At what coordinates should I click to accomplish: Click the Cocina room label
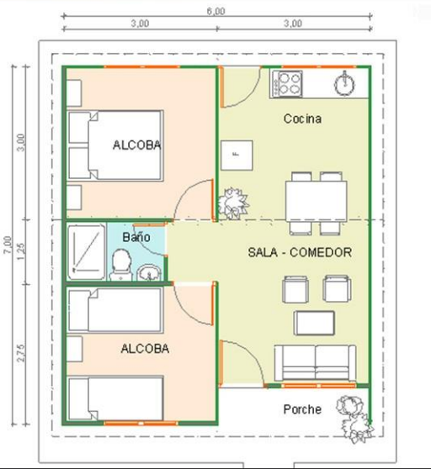(x=302, y=119)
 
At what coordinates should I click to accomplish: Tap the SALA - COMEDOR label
(x=300, y=252)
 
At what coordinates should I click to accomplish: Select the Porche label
(x=301, y=409)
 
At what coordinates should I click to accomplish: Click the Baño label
(x=136, y=238)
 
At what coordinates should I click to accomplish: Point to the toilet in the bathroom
(x=121, y=266)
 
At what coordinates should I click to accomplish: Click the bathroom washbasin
(x=149, y=272)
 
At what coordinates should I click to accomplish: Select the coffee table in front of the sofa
(x=315, y=323)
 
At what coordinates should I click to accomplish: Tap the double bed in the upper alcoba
(x=116, y=145)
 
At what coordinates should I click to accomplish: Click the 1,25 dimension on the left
(x=21, y=250)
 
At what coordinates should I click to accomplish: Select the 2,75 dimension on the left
(x=21, y=351)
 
